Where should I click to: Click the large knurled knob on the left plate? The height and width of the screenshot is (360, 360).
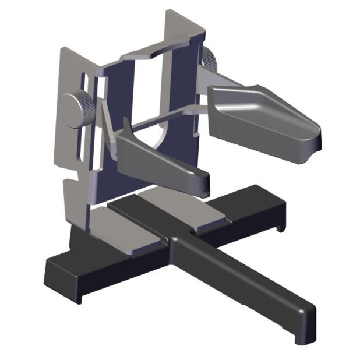tap(75, 110)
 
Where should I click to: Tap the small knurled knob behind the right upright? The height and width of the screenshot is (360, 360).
tap(209, 58)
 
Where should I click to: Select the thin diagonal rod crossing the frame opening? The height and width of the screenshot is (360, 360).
tap(157, 119)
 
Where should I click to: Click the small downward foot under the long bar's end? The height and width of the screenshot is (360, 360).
tap(301, 338)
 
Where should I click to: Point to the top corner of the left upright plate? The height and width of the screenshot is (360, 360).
tap(63, 50)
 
